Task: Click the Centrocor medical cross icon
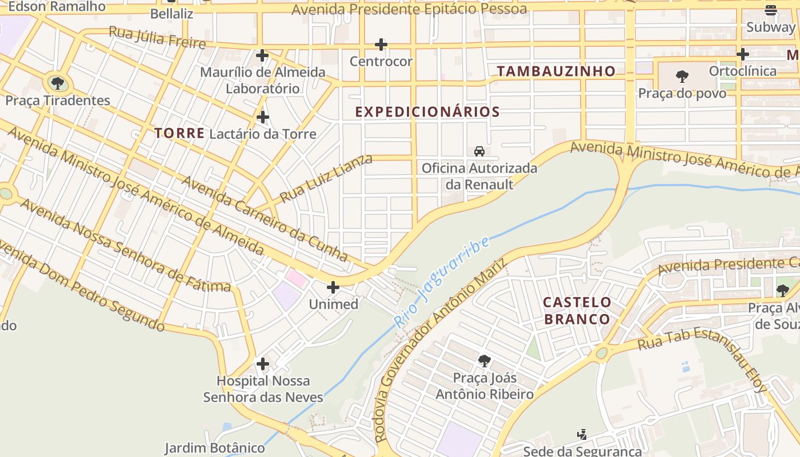coord(381,45)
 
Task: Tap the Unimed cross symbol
coord(333,287)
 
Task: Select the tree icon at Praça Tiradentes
coord(58,83)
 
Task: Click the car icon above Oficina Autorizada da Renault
coord(479,151)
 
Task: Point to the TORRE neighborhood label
coord(179,134)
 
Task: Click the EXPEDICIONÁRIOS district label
coord(427,112)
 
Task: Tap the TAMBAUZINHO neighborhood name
coord(556,71)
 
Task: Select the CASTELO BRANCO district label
coord(577,310)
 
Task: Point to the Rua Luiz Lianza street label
coord(326,178)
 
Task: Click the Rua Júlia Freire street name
coord(157,38)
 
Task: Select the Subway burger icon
coord(771,10)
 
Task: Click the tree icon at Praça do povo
coord(682,77)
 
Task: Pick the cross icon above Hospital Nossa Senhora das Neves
coord(263,364)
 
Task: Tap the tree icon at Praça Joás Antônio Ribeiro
coord(485,361)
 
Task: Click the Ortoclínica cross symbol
coord(743,54)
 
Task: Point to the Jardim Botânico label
coord(215,448)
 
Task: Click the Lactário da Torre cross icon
coord(263,117)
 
